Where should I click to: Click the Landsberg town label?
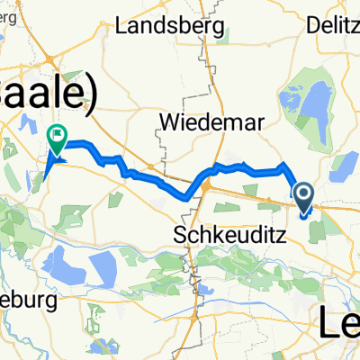pyautogui.click(x=169, y=26)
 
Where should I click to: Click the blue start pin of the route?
pyautogui.click(x=303, y=195)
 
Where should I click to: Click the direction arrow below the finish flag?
pyautogui.click(x=52, y=161)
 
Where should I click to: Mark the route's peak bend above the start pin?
pyautogui.click(x=285, y=165)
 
